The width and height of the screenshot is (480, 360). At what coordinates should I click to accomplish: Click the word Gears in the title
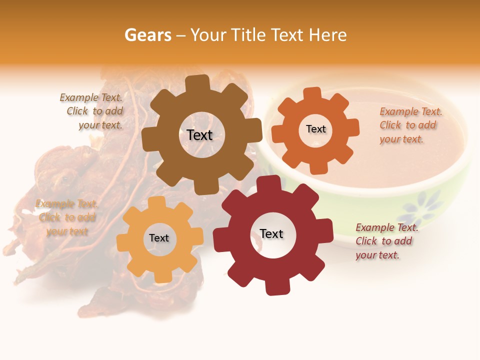(147, 35)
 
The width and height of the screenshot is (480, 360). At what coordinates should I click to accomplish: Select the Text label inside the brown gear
(199, 135)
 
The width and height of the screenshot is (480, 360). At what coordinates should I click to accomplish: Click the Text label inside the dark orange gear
(315, 129)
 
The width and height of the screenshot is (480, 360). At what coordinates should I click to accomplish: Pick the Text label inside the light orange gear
(159, 238)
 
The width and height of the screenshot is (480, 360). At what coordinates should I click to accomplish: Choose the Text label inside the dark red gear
(271, 233)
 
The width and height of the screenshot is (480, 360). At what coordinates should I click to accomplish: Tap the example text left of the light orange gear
(66, 217)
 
